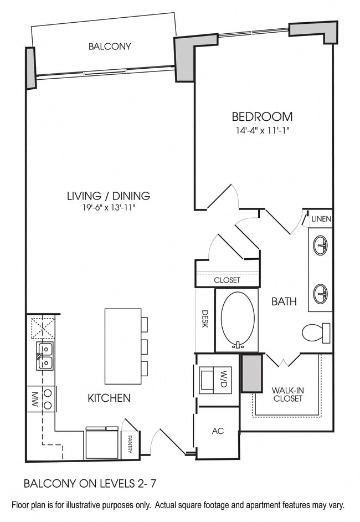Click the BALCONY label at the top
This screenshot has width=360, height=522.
coord(110,47)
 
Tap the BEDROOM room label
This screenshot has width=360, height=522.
coord(262,117)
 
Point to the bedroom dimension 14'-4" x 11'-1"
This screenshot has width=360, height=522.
coord(262,131)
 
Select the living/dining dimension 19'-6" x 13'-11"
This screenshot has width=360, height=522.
coord(109,208)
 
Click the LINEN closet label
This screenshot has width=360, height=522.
coord(321,219)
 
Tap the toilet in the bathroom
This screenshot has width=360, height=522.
coord(316,332)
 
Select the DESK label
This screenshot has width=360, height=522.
coord(204,318)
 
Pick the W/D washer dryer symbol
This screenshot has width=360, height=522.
coord(216,380)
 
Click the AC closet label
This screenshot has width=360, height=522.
coord(218,431)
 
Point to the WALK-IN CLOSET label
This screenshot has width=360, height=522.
coord(287,394)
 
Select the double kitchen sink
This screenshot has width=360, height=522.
coord(45,355)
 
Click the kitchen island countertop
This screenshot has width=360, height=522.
coord(122,346)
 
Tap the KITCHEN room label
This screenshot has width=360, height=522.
coord(109,398)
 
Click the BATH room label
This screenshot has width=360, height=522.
coord(284,302)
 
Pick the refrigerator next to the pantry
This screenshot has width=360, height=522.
coord(101,443)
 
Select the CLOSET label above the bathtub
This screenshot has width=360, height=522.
coord(227,280)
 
